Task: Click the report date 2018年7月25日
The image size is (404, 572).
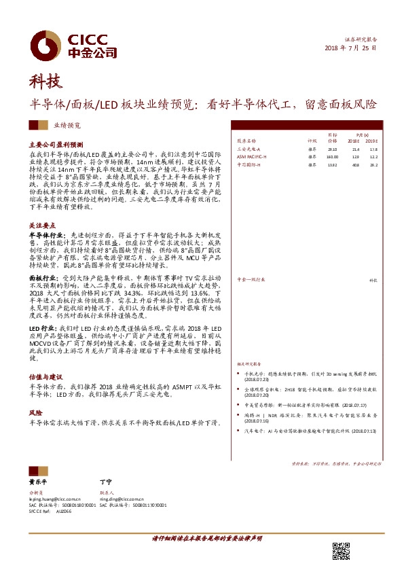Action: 349,49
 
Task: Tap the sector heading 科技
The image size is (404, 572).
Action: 46,83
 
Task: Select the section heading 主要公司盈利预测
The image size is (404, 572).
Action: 56,145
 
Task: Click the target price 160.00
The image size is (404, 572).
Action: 332,156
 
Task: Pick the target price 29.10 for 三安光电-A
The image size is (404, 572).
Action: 333,147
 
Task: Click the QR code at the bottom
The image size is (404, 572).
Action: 341,552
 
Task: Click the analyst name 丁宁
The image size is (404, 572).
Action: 105,481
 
